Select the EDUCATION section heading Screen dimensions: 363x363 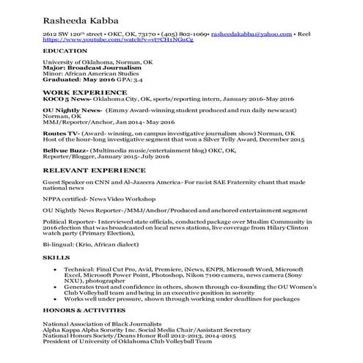tap(64, 52)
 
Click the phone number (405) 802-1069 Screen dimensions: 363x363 tap(177, 35)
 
